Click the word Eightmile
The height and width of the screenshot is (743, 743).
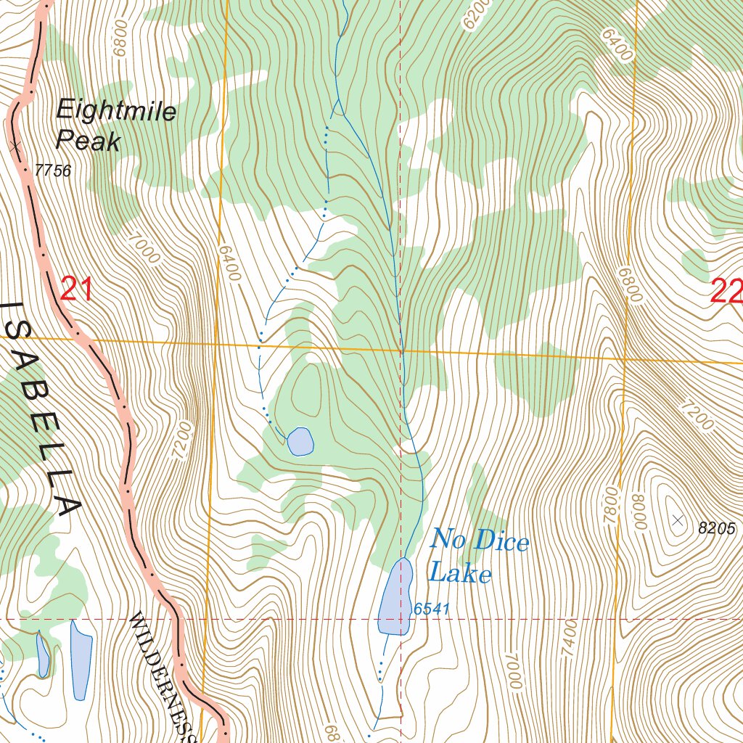[x=116, y=112]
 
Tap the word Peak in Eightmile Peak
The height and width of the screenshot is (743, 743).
[x=88, y=141]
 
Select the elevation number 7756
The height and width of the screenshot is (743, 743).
[x=53, y=171]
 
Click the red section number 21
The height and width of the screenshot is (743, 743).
[x=76, y=290]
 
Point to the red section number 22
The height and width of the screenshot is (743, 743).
[x=726, y=292]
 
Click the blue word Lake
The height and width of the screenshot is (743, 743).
[x=460, y=574]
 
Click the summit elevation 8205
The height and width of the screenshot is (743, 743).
[x=717, y=529]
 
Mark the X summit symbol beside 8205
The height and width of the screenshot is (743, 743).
[x=678, y=520]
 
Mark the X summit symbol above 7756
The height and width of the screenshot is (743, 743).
[x=16, y=147]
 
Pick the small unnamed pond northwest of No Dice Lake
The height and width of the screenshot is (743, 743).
[x=300, y=441]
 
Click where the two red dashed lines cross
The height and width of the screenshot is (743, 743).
[x=401, y=619]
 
